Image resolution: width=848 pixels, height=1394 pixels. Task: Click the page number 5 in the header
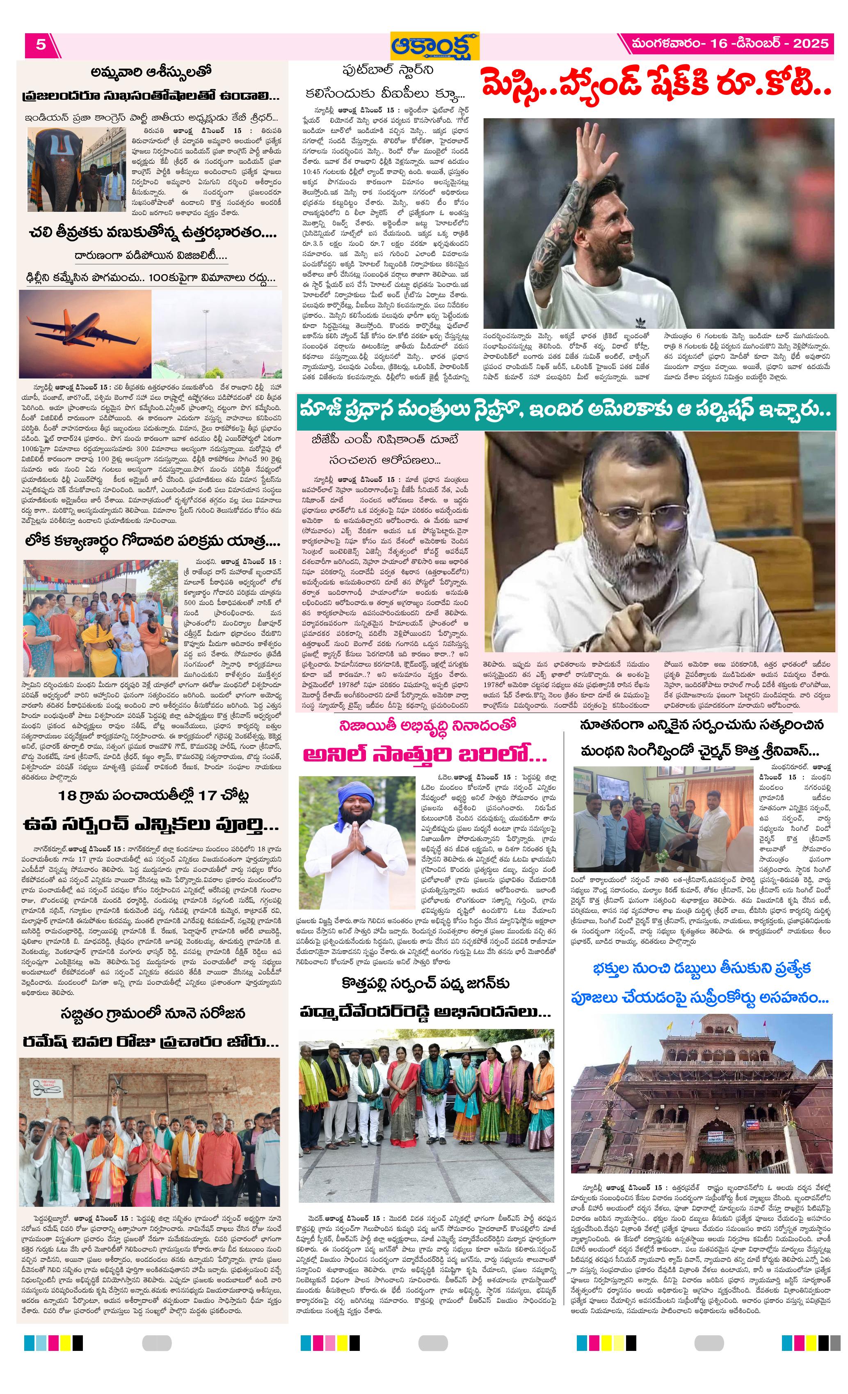click(x=41, y=44)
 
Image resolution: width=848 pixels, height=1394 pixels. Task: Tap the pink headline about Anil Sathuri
click(x=425, y=754)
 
